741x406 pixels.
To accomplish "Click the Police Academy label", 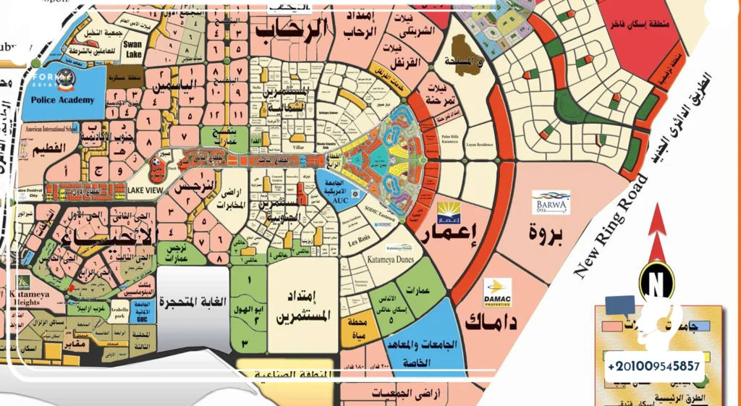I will click(63, 99).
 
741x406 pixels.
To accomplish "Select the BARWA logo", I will click(551, 203).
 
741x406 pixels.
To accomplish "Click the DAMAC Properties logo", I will click(498, 292).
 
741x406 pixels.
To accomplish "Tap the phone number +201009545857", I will click(655, 366).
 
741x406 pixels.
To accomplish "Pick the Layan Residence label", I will click(480, 145).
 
